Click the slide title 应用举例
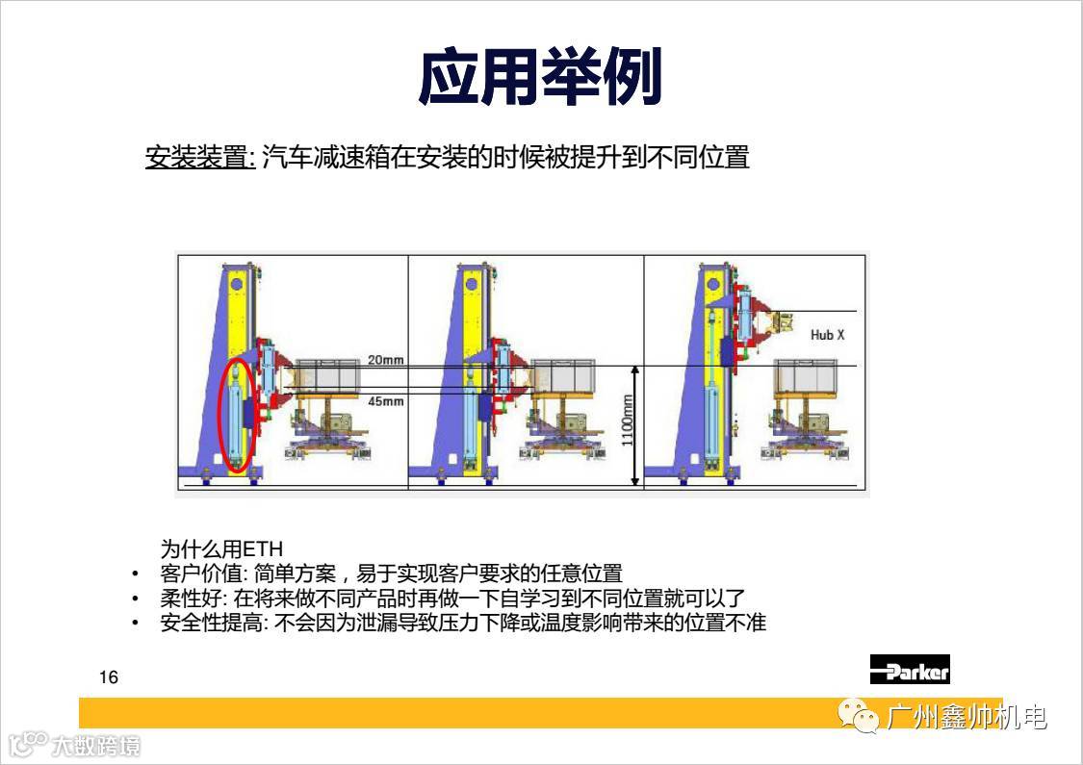click(x=540, y=76)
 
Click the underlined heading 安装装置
click(x=199, y=158)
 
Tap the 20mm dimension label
click(x=385, y=360)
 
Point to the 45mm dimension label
click(x=385, y=401)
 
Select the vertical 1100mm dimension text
click(x=627, y=420)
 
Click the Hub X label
click(x=828, y=335)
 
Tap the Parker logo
click(x=910, y=669)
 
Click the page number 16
click(x=109, y=677)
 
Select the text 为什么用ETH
click(x=221, y=548)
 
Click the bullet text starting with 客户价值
click(x=391, y=574)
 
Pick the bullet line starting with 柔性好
click(x=452, y=598)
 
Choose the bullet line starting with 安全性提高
click(x=463, y=623)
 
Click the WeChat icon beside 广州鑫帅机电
click(x=858, y=716)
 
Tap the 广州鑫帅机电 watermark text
click(x=966, y=717)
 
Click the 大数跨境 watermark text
click(x=96, y=746)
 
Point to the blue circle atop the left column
click(x=236, y=284)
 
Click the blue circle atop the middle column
click(x=472, y=284)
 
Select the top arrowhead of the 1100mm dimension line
click(x=636, y=370)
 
